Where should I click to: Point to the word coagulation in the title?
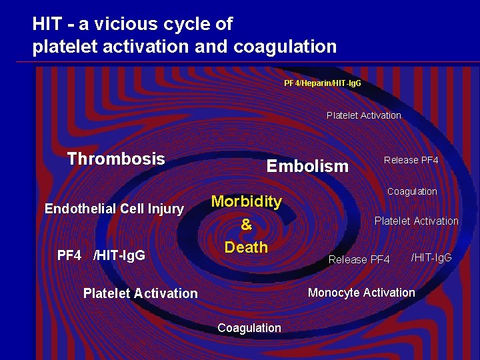pyautogui.click(x=285, y=47)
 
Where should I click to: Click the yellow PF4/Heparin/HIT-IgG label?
pyautogui.click(x=323, y=83)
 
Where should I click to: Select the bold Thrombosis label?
pyautogui.click(x=116, y=159)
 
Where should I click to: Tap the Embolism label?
pyautogui.click(x=307, y=166)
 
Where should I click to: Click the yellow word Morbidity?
pyautogui.click(x=246, y=201)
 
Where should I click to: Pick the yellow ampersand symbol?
pyautogui.click(x=246, y=225)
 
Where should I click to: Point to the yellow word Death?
pyautogui.click(x=246, y=247)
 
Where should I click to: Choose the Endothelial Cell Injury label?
pyautogui.click(x=114, y=209)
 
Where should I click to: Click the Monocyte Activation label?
pyautogui.click(x=361, y=293)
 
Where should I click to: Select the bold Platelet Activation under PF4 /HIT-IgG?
pyautogui.click(x=140, y=293)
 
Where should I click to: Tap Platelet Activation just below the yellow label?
pyautogui.click(x=364, y=115)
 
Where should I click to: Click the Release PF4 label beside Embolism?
pyautogui.click(x=411, y=160)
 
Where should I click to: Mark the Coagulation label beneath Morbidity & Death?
pyautogui.click(x=249, y=327)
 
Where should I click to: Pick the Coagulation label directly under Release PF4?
pyautogui.click(x=412, y=191)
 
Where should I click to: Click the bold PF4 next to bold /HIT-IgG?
pyautogui.click(x=69, y=255)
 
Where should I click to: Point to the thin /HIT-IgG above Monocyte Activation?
pyautogui.click(x=431, y=257)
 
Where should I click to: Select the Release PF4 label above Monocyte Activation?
pyautogui.click(x=359, y=259)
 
